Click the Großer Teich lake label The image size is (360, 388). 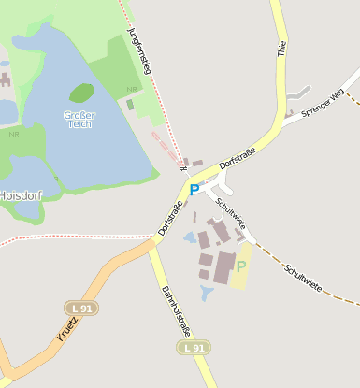coord(79,120)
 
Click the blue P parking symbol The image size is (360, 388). coord(194,190)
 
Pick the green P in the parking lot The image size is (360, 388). coord(241,266)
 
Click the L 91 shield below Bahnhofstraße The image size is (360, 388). coord(191,348)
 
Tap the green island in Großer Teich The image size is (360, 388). coord(81,93)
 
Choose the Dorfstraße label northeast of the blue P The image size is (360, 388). coord(236,165)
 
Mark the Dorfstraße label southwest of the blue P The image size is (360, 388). coord(170,217)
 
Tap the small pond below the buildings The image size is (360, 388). coord(208,294)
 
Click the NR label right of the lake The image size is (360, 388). coord(131,90)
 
